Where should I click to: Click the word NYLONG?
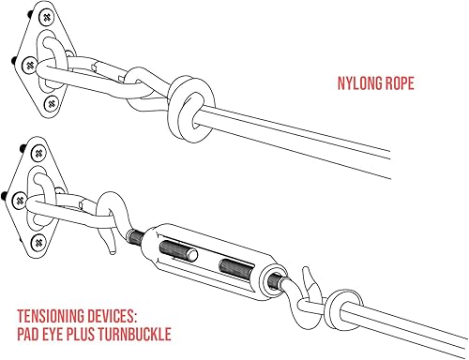361,82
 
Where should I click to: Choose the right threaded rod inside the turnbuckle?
240,269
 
